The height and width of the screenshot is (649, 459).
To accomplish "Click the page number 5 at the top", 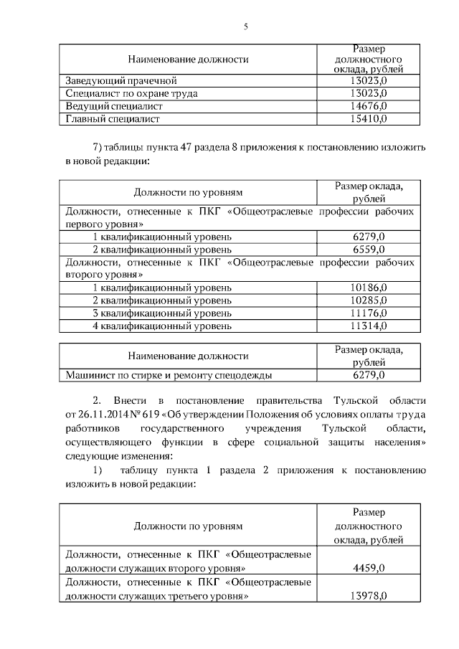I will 245,27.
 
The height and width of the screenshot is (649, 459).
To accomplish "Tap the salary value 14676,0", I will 369,106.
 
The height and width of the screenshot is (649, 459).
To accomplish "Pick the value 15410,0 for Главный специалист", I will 369,119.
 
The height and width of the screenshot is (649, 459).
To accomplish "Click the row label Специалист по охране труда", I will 131,93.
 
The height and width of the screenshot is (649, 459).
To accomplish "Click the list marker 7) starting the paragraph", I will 98,148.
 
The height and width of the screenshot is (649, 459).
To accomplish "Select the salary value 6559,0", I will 369,250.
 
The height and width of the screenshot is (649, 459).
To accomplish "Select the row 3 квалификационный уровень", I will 162,313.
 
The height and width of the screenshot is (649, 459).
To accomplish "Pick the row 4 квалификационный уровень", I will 162,326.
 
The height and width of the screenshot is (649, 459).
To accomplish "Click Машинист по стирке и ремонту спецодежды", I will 169,374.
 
